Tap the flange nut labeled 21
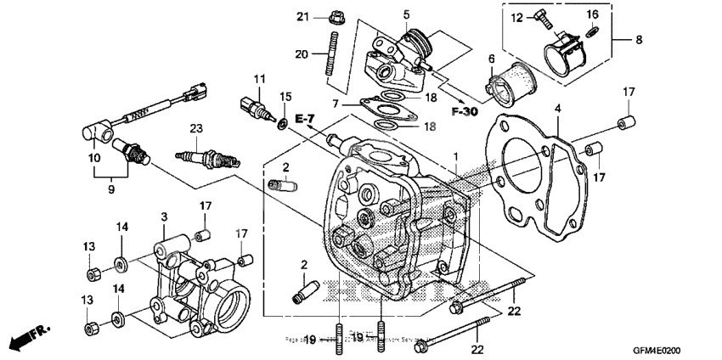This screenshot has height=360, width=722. point(334,16)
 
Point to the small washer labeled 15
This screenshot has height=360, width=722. point(280,126)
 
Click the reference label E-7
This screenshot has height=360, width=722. point(304,116)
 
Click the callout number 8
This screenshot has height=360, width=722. point(638,39)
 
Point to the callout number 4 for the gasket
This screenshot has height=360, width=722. point(558,109)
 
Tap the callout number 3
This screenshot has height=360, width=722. point(162,218)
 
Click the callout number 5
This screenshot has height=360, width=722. point(407,14)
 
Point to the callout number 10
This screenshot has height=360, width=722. point(92,158)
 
